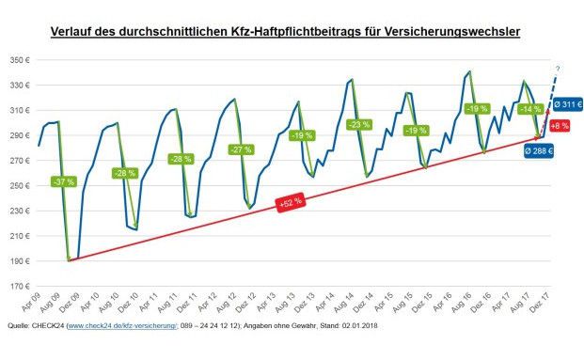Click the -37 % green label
point(63,181)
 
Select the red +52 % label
point(290,201)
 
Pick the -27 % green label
point(241,149)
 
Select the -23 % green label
point(358,125)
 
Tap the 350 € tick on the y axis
point(21,60)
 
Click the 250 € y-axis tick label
point(21,185)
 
